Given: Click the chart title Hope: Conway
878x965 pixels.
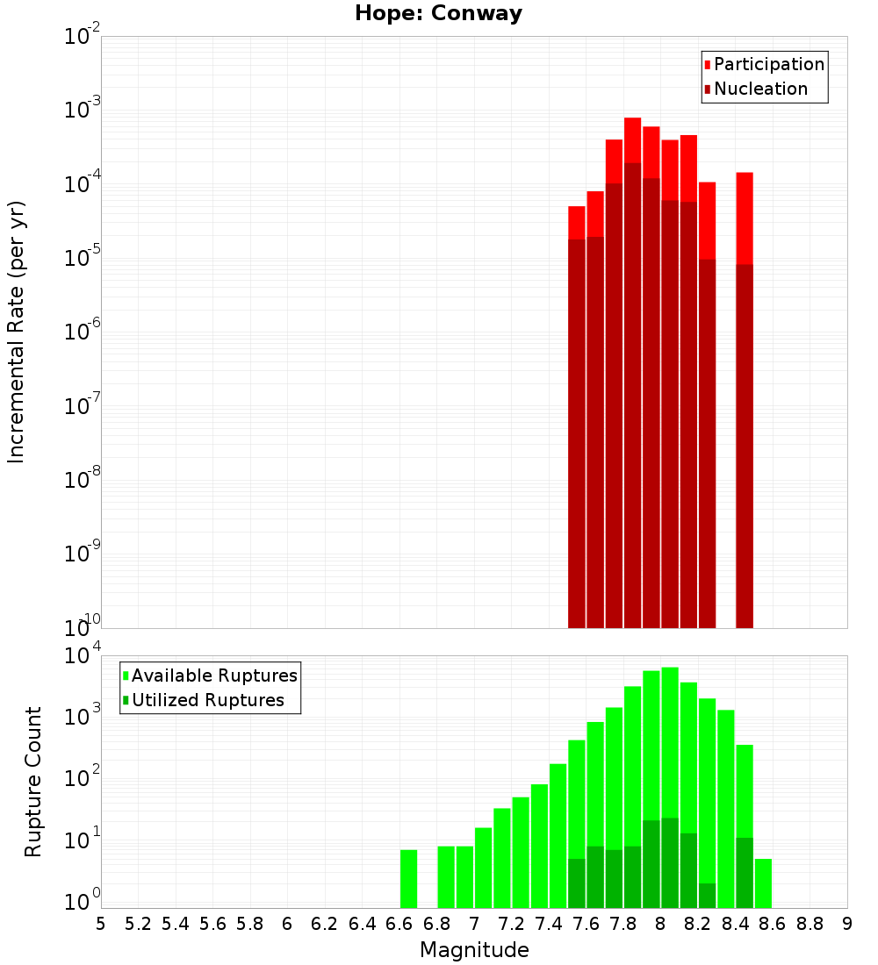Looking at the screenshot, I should click(438, 14).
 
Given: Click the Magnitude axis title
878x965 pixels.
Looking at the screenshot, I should click(474, 950).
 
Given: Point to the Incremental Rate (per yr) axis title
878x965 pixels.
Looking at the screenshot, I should click(17, 332).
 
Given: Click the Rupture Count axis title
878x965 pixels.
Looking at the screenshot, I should click(33, 782).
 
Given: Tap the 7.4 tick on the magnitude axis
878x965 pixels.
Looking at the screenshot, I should click(549, 923).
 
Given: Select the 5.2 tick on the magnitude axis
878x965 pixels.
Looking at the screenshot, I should click(139, 923).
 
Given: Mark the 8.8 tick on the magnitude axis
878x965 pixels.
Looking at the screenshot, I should click(810, 923).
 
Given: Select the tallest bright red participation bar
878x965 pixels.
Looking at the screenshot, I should click(633, 140).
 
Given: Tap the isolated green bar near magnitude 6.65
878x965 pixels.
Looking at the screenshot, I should click(409, 878).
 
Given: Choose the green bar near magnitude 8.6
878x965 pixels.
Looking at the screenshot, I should click(763, 883).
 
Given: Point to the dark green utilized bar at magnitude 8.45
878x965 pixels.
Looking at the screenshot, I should click(745, 872).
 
